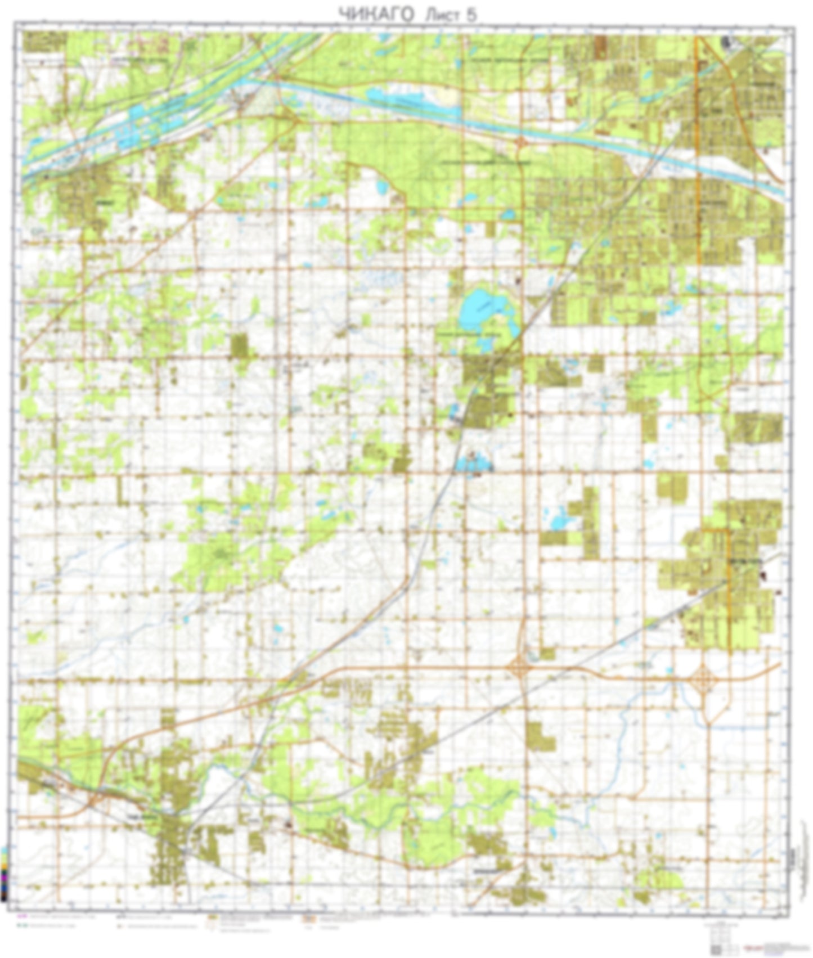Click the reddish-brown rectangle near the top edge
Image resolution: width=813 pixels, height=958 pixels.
600,46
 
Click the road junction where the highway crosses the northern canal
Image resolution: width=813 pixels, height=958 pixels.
520,141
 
